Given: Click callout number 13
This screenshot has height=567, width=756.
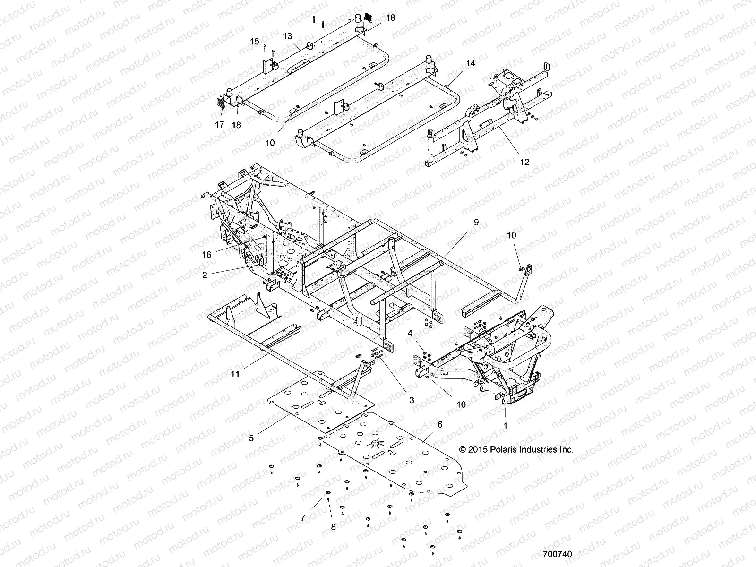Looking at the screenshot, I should click(x=288, y=36).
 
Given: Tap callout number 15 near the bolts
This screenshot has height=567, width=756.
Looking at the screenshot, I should click(x=255, y=42).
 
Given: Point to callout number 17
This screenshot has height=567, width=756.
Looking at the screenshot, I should click(x=219, y=125).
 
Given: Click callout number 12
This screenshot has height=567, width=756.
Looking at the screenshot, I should click(x=524, y=162).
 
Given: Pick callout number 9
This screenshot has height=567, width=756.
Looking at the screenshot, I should click(x=476, y=221).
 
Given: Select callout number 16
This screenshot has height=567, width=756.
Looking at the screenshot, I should click(x=206, y=254).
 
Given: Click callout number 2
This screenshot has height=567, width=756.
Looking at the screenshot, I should click(x=205, y=275).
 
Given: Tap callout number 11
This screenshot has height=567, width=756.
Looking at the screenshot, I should click(x=235, y=374).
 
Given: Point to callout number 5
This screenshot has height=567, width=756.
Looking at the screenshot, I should click(x=251, y=438).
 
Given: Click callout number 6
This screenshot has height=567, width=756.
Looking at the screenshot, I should click(x=440, y=424).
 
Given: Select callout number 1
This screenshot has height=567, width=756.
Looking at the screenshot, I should click(x=505, y=425).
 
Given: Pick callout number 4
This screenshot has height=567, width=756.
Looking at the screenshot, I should click(x=411, y=333).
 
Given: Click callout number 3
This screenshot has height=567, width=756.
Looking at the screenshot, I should click(x=412, y=400).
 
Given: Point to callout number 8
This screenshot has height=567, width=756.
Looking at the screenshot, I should click(x=333, y=527).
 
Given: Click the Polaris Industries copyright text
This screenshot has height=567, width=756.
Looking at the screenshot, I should click(x=516, y=449).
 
